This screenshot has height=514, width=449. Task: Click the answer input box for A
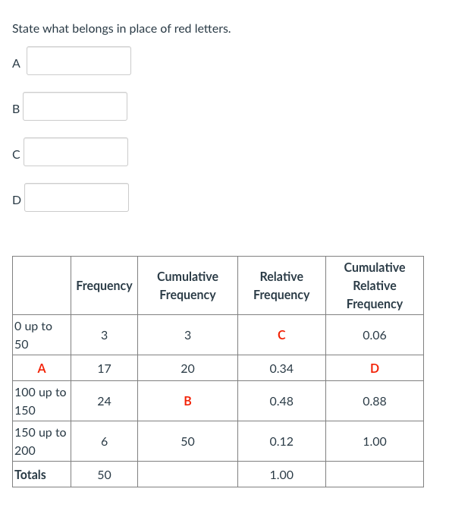tap(79, 61)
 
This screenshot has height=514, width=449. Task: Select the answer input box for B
tap(75, 106)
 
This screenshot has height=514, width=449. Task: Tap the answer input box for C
tap(76, 152)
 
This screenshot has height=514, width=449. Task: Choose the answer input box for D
tap(77, 197)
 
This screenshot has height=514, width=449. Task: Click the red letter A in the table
tap(42, 368)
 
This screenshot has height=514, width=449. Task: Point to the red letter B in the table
tap(187, 401)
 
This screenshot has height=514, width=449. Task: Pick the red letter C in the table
tap(281, 335)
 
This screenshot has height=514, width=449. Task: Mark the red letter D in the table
tap(374, 368)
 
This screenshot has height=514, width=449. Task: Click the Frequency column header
tap(104, 285)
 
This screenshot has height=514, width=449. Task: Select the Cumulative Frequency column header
tap(187, 285)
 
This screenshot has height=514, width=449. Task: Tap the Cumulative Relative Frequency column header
tap(374, 285)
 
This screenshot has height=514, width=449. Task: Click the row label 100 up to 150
tap(40, 401)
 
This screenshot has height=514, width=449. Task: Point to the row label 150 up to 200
tap(40, 441)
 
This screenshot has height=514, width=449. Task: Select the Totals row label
tap(30, 475)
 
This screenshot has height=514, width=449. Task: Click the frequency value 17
tap(104, 368)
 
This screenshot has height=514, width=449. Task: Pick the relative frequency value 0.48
tap(281, 401)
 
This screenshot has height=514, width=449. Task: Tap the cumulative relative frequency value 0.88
tap(374, 401)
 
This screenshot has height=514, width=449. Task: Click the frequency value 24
tap(104, 401)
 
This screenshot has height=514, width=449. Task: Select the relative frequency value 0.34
tap(281, 368)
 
